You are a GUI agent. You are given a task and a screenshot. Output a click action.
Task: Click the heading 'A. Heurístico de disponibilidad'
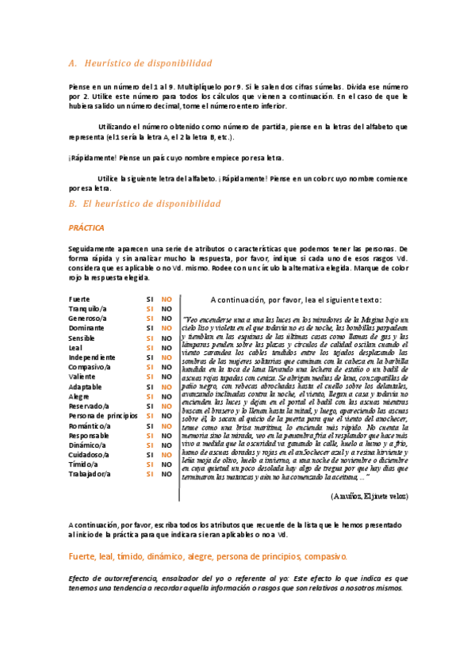tap(140, 63)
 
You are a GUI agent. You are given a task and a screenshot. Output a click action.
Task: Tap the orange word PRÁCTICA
tap(86, 227)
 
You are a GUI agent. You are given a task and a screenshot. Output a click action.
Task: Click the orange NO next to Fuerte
tap(167, 299)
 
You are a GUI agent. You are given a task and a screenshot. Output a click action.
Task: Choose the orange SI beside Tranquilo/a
tap(149, 308)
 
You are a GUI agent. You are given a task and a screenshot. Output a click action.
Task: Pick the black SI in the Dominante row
tap(149, 328)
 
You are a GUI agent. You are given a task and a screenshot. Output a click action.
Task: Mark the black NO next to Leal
tap(167, 348)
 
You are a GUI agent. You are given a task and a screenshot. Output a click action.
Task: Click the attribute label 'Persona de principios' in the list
tap(103, 415)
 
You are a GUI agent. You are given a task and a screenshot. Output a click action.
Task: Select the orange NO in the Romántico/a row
tap(167, 426)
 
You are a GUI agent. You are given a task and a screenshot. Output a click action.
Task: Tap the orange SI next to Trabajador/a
tap(149, 474)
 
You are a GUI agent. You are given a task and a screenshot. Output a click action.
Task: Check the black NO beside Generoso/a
tap(167, 319)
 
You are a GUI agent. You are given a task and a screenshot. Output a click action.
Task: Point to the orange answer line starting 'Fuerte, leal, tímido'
tap(208, 557)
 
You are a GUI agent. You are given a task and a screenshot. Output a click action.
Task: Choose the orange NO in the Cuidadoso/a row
tap(167, 455)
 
